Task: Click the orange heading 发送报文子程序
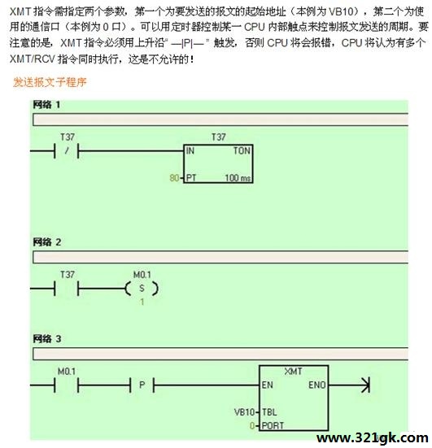coord(50,82)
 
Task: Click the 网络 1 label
coord(46,105)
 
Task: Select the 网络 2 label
coord(47,242)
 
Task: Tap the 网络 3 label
coord(47,339)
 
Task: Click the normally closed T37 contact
coord(67,150)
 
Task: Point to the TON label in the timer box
coord(242,150)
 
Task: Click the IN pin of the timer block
coord(190,150)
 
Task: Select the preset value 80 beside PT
coord(174,178)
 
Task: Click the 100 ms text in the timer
coord(238,178)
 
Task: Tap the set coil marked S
coord(142,289)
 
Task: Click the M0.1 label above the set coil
coord(142,275)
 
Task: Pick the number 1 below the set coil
coord(142,302)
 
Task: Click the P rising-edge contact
coord(142,385)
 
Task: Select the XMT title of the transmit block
coord(294,372)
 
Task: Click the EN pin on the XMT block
coord(268,385)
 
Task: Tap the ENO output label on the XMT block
coord(317,385)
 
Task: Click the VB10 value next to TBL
coord(244,412)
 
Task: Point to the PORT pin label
coord(273,426)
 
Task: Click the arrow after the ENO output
coord(349,385)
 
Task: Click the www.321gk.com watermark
coord(372,438)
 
